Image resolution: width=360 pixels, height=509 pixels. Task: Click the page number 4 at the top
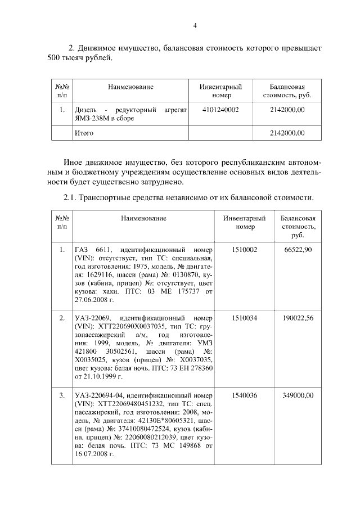click(195, 25)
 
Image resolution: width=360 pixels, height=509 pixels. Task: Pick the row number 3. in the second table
click(62, 395)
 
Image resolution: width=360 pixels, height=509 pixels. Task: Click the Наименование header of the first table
click(130, 87)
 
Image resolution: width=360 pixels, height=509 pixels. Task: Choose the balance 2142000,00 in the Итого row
click(287, 133)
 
